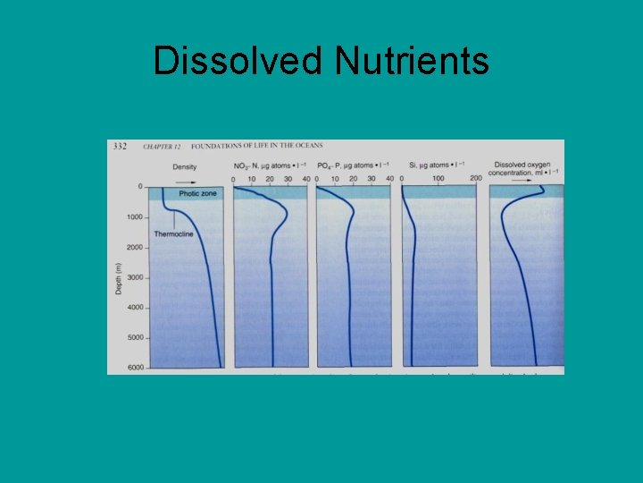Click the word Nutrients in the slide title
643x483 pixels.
(412, 61)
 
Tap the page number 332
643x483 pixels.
(119, 146)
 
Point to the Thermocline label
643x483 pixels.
(173, 233)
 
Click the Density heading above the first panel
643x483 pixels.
(185, 167)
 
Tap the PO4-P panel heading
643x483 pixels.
(352, 166)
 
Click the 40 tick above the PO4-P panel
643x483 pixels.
(389, 179)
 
